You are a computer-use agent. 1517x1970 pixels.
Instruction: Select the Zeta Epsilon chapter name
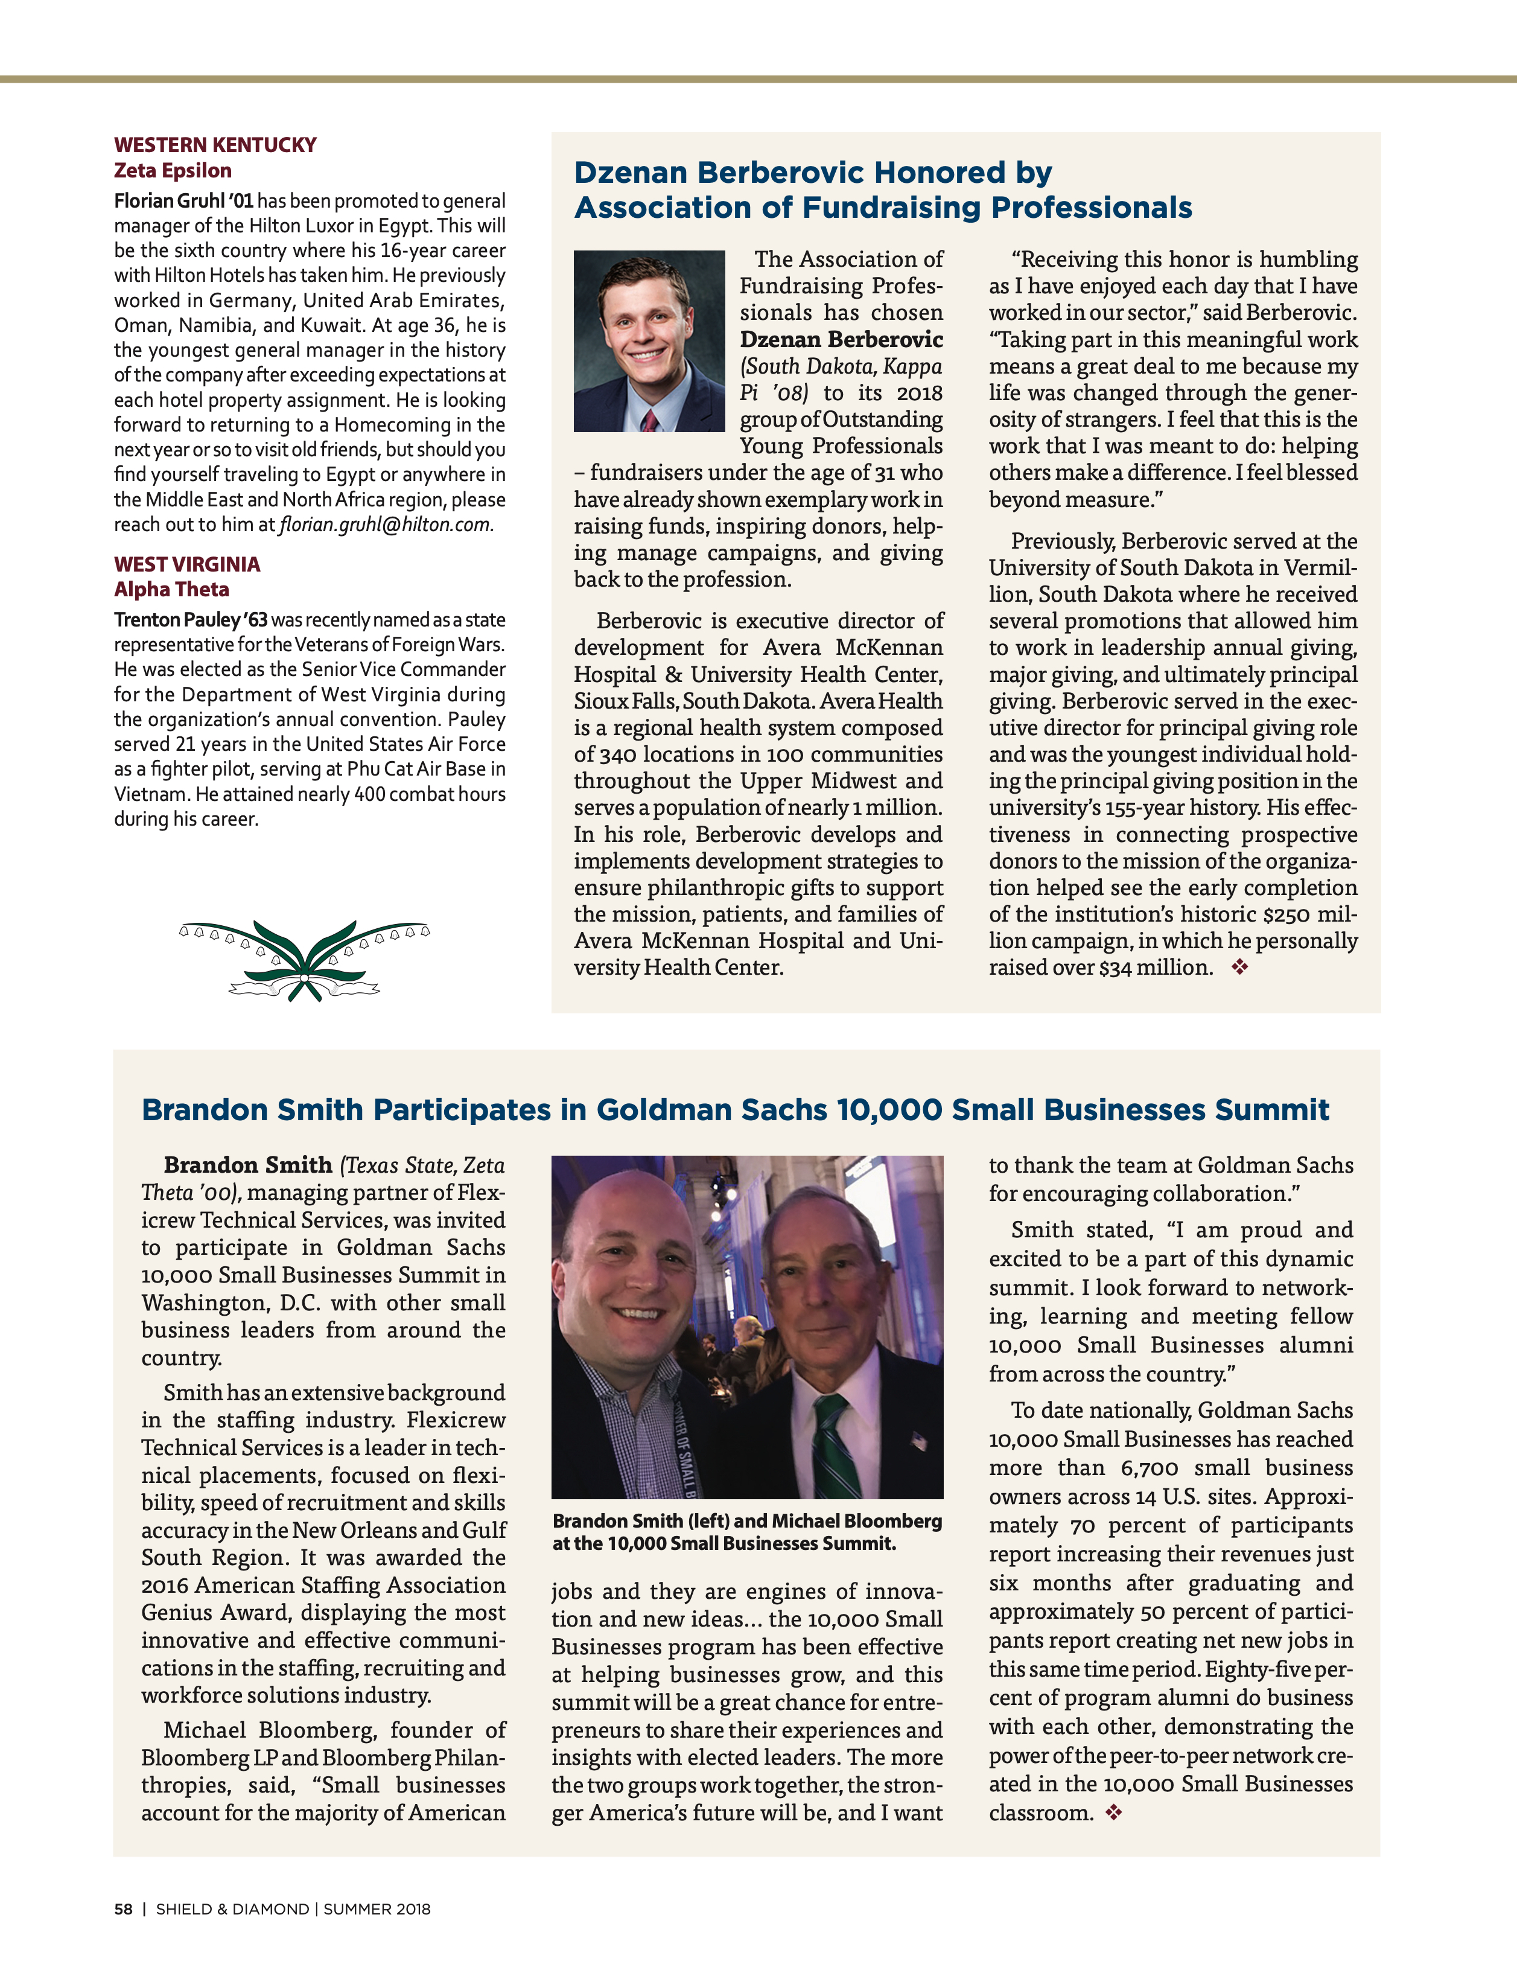point(172,170)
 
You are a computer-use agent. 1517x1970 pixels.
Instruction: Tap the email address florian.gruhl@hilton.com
point(386,525)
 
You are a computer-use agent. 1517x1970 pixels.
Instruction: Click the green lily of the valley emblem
point(304,960)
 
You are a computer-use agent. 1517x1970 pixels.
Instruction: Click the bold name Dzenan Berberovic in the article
point(841,339)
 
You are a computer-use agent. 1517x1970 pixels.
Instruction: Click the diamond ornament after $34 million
point(1240,967)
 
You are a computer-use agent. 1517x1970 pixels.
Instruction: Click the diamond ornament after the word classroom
point(1114,1812)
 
